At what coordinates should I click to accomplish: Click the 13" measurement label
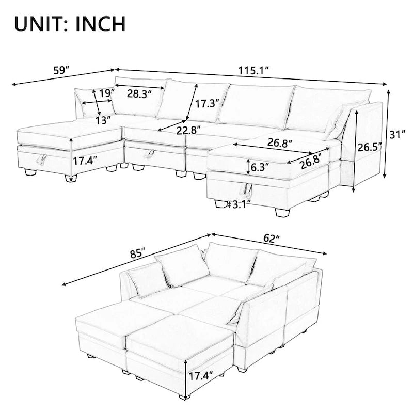[x=103, y=120]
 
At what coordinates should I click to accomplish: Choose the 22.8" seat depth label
[x=188, y=130]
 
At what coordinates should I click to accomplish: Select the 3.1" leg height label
[x=241, y=204]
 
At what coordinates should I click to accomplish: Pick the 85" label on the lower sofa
[x=137, y=254]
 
